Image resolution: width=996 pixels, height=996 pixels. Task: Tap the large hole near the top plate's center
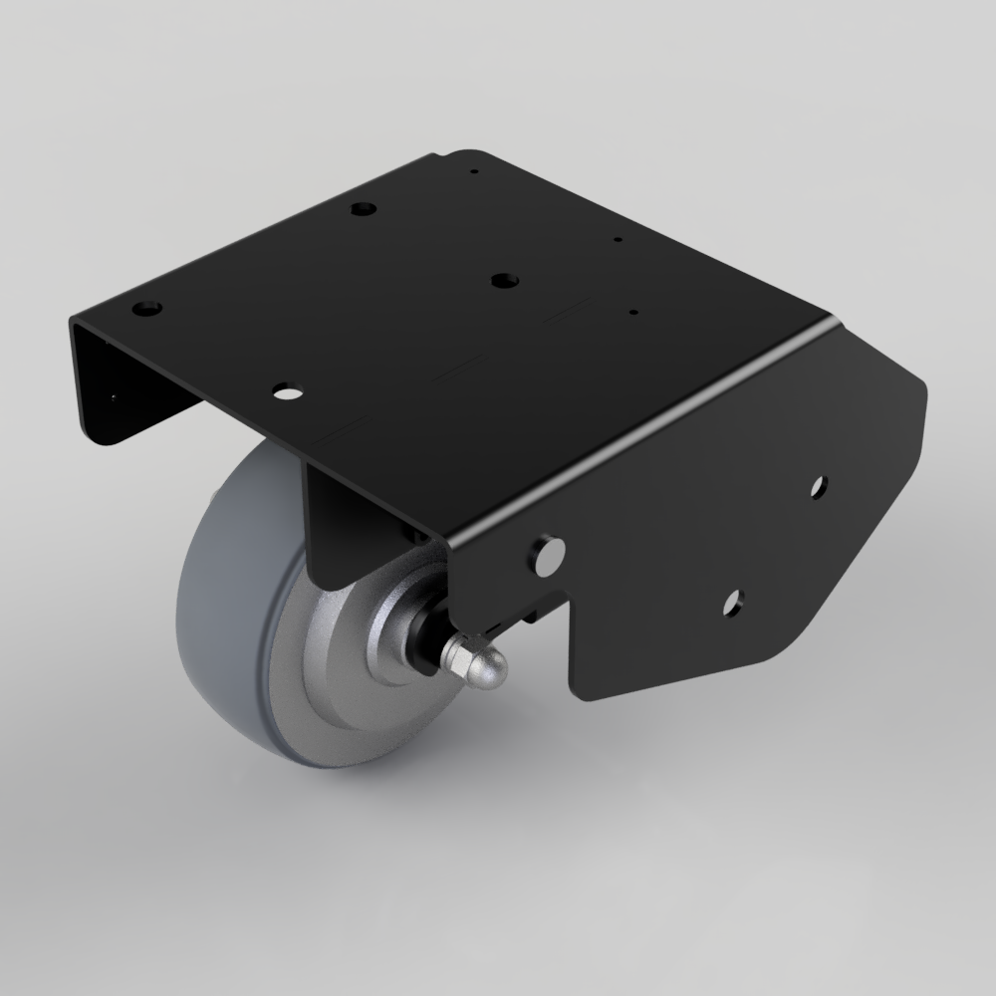504,281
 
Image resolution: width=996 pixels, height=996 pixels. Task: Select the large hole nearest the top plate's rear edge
364,209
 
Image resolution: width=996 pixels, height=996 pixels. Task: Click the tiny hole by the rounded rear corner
475,171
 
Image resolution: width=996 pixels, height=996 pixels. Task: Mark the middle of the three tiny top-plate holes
619,240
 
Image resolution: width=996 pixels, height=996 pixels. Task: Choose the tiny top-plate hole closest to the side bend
633,312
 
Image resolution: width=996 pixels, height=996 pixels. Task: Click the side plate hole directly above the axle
547,555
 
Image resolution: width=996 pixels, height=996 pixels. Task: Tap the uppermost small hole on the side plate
819,486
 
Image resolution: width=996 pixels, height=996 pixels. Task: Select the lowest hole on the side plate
733,601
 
